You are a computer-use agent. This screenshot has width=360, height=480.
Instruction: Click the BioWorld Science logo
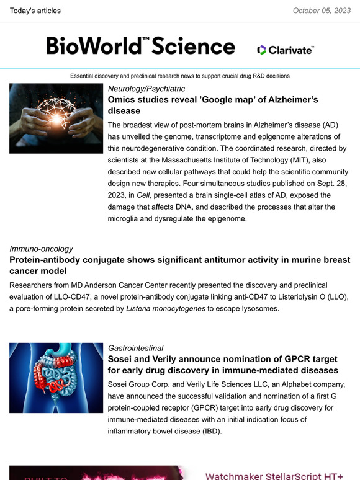pos(140,46)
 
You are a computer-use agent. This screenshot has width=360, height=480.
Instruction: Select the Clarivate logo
pos(286,50)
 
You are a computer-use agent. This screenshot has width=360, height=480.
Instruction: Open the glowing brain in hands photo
pos(56,118)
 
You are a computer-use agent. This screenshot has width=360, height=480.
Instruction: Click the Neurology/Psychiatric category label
pos(146,89)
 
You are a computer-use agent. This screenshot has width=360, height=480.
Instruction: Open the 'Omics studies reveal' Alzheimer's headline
pos(213,105)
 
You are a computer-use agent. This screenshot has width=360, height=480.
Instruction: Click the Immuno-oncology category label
pos(41,249)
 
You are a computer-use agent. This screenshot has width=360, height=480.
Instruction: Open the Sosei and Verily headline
pos(223,365)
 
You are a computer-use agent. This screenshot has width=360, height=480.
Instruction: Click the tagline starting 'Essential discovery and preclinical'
pos(180,76)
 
